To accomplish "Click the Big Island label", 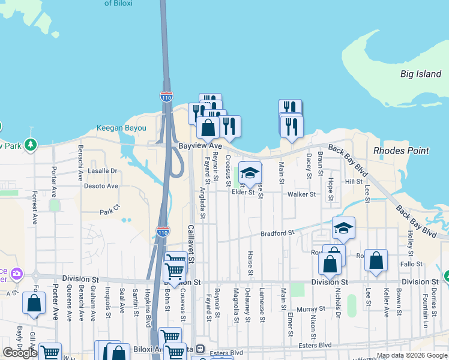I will [x=421, y=74].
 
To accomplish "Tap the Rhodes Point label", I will [x=401, y=151].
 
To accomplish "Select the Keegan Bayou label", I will [x=121, y=128].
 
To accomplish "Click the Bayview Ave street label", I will [x=200, y=146].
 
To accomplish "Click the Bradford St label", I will [x=277, y=233].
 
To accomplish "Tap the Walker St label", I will [x=301, y=194].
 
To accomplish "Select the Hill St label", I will [x=354, y=181].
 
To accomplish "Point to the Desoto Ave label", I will [x=100, y=186].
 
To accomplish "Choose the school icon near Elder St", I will [x=250, y=173].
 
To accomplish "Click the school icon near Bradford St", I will [x=343, y=228].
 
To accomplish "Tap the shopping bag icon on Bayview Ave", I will [x=208, y=128].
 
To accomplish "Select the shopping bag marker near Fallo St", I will [x=376, y=260].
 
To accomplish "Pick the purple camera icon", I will [x=17, y=274].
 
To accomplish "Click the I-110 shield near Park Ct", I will [x=162, y=231].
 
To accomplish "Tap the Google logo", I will [x=20, y=353].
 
